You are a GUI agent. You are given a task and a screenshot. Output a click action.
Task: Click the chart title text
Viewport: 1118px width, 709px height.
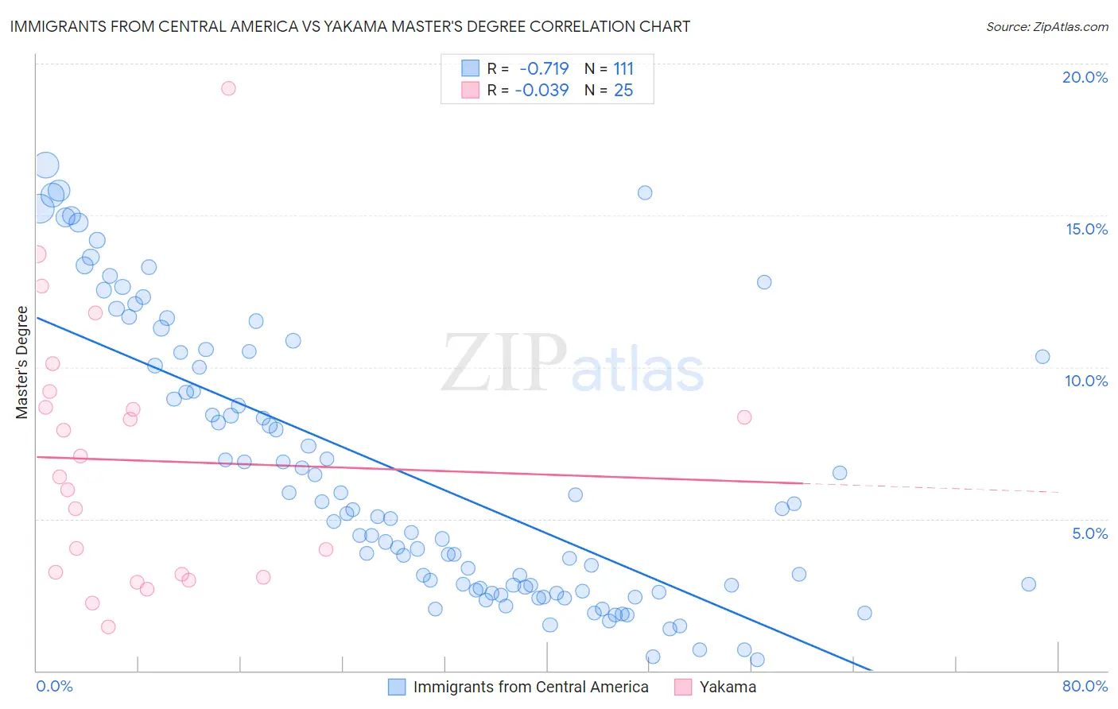350,26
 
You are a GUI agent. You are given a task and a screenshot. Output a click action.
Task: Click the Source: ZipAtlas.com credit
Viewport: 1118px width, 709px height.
1046,27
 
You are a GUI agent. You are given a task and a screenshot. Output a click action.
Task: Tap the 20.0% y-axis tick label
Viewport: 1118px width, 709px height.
1085,77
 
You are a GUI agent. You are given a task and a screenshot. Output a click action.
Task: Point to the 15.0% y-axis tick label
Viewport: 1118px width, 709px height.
1086,229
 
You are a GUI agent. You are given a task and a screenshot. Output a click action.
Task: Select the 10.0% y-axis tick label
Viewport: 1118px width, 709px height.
1086,381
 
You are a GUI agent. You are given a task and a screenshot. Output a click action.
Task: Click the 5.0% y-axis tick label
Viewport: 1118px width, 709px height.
1089,533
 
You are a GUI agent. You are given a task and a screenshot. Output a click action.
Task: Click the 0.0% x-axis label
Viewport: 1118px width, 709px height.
54,686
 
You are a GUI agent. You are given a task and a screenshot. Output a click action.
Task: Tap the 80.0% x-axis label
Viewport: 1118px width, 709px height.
1085,686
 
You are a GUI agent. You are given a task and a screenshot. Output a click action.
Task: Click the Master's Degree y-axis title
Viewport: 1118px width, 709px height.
22,362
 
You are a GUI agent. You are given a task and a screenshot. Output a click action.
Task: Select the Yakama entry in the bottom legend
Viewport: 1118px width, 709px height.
727,687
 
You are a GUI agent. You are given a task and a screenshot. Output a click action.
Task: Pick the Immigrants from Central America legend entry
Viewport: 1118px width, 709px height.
530,687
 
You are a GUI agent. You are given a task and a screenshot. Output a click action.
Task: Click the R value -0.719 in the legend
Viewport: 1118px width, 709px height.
544,69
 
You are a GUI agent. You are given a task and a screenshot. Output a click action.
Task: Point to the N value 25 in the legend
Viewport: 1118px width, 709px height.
623,91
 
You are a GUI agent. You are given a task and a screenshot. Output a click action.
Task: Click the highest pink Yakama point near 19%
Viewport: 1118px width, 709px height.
228,88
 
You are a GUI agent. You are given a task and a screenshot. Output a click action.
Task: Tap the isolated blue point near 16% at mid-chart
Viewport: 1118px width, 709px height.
645,192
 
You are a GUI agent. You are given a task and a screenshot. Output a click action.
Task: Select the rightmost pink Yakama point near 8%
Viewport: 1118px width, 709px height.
744,417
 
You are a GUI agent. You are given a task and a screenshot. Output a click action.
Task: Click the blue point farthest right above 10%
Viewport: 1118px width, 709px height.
1042,357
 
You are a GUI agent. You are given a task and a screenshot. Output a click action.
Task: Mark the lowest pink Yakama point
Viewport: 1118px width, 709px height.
108,626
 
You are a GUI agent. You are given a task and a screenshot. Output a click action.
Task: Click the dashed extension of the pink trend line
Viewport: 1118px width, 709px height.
930,487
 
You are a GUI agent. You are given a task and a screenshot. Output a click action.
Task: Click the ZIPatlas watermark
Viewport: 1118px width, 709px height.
573,364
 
